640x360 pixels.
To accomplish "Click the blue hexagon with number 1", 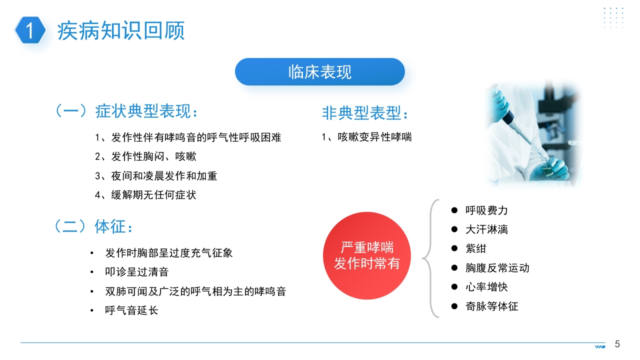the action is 30,30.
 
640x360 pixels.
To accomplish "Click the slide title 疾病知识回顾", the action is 121,30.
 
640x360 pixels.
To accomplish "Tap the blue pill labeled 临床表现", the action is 319,71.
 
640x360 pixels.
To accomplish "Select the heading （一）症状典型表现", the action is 126,111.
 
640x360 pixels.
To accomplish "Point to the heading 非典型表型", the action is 365,113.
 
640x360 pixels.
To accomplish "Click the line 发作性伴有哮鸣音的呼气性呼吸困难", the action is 188,137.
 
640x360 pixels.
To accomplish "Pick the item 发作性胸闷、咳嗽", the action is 145,156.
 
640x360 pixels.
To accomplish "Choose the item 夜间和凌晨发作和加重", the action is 156,175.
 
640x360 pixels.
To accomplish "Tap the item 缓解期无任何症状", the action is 145,195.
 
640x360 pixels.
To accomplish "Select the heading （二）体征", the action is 93,226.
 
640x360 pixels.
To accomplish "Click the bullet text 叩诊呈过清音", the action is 137,271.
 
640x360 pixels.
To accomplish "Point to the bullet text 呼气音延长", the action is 131,310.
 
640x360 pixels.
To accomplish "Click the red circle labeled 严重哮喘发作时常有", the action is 367,255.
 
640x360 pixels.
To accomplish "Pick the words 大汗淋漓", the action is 486,229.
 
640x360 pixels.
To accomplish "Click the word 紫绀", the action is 476,248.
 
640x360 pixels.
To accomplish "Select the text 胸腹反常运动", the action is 497,268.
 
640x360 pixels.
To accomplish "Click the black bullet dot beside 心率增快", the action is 454,286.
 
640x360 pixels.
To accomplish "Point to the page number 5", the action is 617,344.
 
